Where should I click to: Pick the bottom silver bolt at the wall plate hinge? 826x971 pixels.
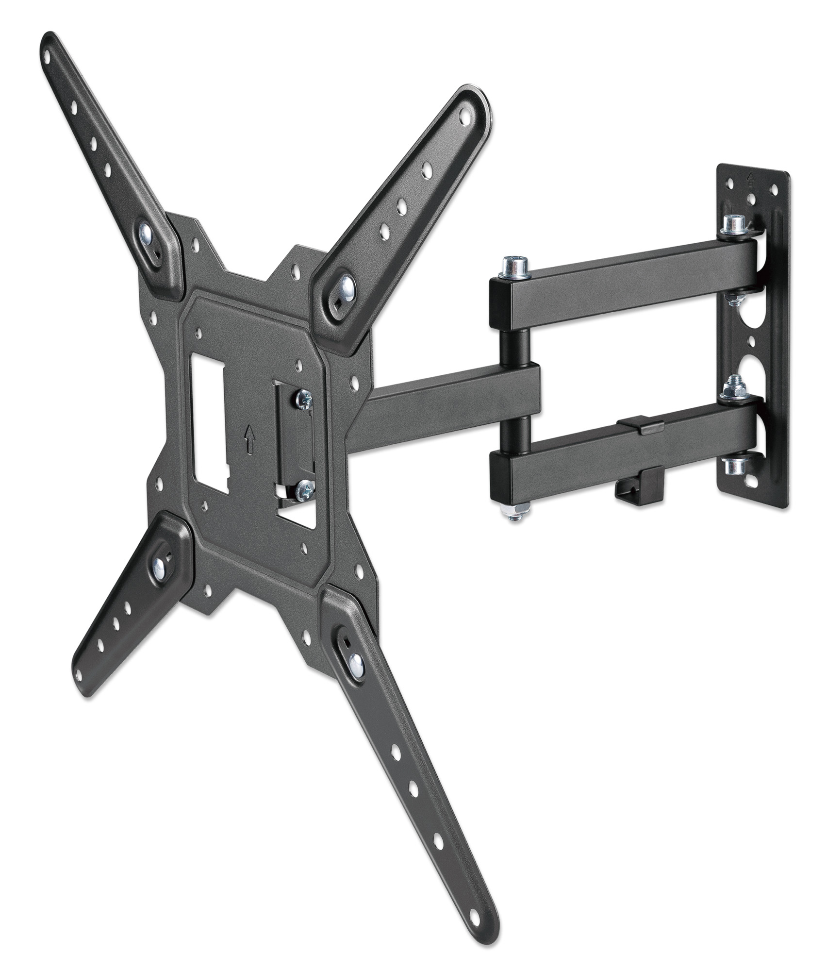pyautogui.click(x=733, y=466)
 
